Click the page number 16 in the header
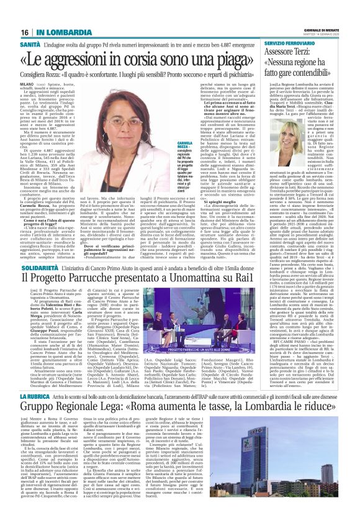tap(25, 32)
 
